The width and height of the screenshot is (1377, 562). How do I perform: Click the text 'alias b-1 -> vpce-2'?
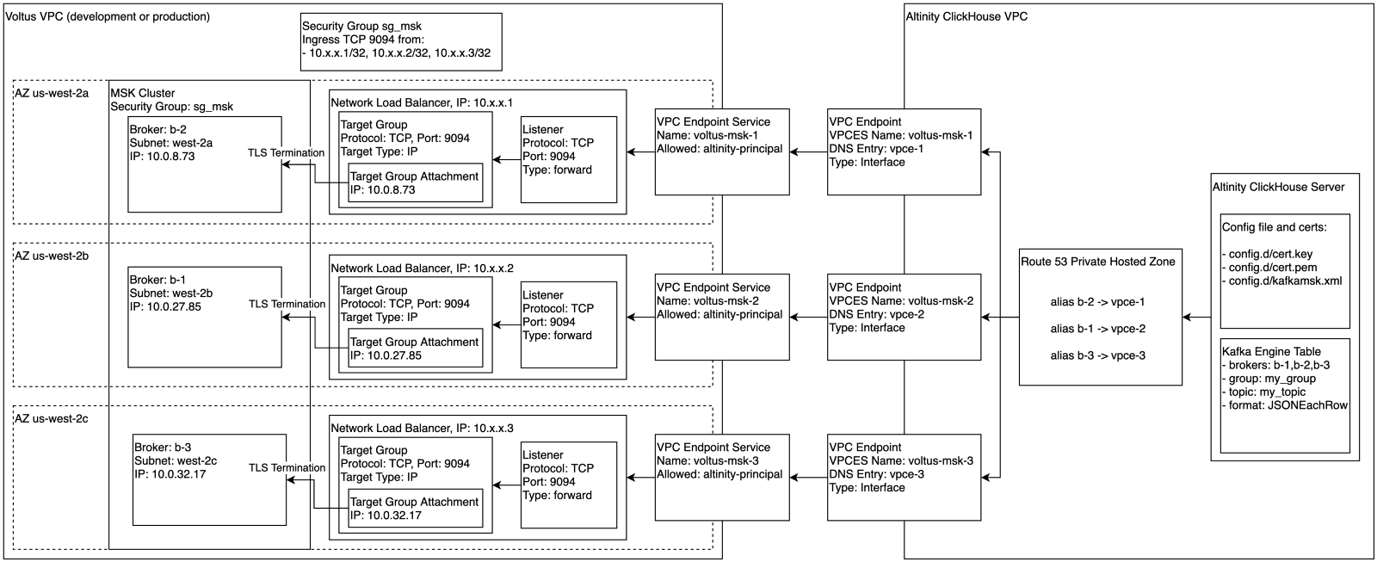(x=1098, y=329)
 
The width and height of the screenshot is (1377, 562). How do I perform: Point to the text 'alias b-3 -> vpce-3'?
(x=1098, y=355)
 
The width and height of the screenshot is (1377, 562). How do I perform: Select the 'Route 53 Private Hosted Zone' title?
(x=1098, y=262)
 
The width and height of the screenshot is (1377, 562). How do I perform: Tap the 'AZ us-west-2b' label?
(x=52, y=256)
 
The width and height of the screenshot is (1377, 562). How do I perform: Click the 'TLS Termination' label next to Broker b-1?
(x=287, y=304)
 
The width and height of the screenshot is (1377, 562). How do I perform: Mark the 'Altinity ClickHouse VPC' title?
(x=966, y=16)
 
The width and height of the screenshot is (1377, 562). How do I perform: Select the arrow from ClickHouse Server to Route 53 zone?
(x=1196, y=318)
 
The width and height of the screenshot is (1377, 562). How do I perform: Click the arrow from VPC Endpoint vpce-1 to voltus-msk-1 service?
(x=808, y=151)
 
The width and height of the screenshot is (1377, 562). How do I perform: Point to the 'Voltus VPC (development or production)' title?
(x=108, y=16)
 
